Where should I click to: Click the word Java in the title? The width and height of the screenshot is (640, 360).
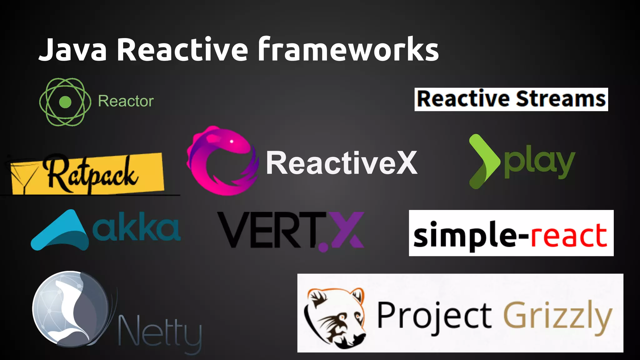point(72,50)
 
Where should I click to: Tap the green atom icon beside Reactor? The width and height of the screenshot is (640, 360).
point(65,102)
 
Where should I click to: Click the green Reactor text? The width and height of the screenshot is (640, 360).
point(126,101)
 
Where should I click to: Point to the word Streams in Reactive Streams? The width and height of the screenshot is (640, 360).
point(561,99)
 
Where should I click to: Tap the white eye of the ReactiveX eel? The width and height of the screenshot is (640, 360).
point(232,142)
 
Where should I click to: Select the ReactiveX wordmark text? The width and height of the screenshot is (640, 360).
point(341,163)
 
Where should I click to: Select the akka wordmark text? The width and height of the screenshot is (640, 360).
point(136,227)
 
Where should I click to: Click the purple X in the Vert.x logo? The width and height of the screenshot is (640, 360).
point(344,230)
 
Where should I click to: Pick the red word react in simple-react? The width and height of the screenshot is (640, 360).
point(569,235)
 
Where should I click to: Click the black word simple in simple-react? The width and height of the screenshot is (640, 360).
point(462,235)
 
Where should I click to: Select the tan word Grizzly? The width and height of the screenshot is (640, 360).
point(557,316)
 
